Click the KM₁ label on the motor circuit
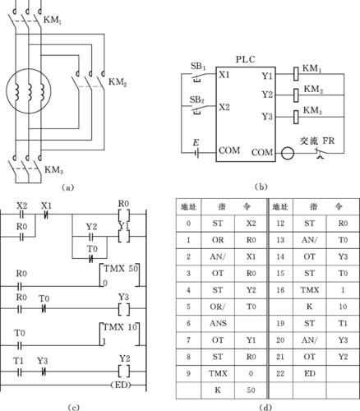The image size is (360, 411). (53, 20)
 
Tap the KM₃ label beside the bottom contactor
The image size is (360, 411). (53, 169)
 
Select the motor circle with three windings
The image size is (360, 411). (29, 91)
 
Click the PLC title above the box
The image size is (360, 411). (246, 59)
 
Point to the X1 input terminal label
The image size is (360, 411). (224, 75)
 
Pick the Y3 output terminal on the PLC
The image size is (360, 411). (267, 117)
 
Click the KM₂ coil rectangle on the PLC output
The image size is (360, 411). (296, 95)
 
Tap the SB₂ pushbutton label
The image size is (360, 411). (197, 99)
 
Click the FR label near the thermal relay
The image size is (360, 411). (329, 141)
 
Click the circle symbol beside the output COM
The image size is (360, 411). (288, 153)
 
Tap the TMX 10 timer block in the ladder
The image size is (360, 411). (119, 334)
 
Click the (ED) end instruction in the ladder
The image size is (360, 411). (121, 385)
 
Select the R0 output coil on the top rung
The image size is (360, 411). (124, 215)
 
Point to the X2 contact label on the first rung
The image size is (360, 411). (22, 205)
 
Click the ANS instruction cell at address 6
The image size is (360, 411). (218, 323)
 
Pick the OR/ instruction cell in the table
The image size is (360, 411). (218, 307)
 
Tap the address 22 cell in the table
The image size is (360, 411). (280, 373)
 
